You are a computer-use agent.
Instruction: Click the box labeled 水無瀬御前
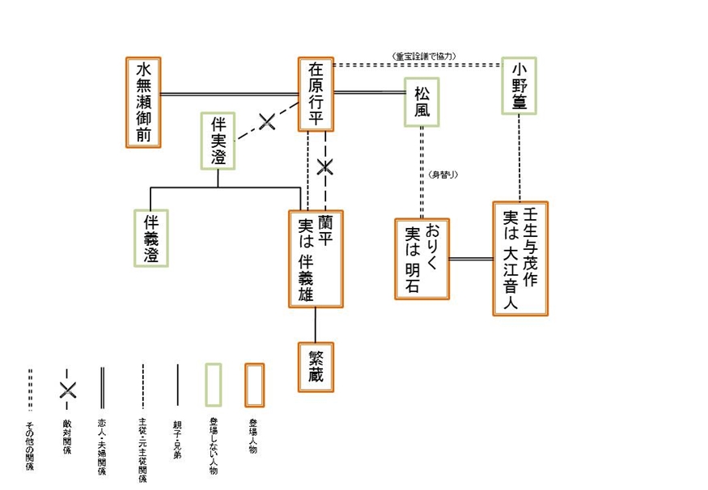144,102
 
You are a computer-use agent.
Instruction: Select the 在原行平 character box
316,94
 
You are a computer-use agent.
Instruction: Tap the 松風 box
422,103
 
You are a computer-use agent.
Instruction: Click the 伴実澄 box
218,141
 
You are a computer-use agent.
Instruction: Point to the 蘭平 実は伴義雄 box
316,259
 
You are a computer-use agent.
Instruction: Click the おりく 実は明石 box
421,259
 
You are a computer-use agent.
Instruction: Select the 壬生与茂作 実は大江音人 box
520,258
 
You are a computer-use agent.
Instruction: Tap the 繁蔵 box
316,367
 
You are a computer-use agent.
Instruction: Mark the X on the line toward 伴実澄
267,122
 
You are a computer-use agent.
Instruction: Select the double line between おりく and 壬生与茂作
470,259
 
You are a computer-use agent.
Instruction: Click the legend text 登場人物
253,432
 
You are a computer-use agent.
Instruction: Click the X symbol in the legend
67,389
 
